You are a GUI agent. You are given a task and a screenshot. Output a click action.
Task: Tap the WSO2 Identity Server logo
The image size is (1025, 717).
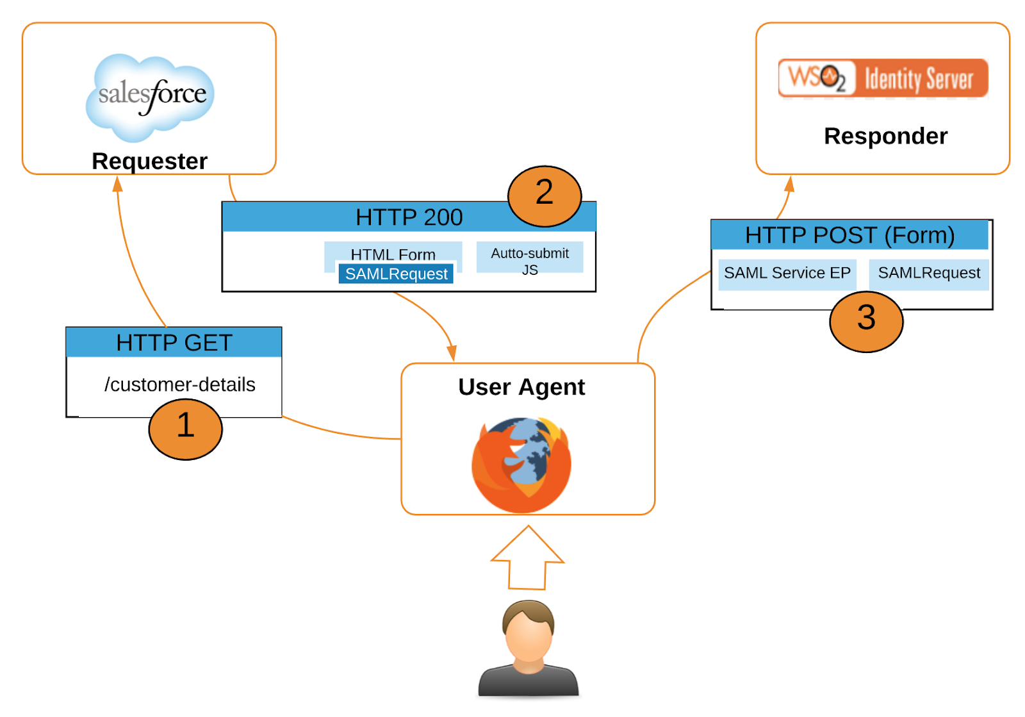click(883, 78)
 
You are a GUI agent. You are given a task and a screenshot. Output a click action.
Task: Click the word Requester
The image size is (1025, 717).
click(149, 161)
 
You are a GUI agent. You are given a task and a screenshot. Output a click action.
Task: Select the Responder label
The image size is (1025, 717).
click(885, 136)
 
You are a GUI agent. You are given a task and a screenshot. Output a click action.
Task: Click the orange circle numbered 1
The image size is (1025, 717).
click(185, 429)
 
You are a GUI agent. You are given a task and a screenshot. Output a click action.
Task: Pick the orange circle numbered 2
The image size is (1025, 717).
click(544, 195)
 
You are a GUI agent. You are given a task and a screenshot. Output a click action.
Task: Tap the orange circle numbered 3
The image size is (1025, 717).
click(865, 321)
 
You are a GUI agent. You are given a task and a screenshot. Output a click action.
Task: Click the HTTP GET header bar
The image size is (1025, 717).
click(174, 342)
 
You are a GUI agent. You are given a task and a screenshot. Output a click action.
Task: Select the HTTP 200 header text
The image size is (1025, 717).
click(409, 217)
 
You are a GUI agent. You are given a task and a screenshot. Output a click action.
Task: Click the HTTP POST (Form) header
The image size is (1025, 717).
click(849, 235)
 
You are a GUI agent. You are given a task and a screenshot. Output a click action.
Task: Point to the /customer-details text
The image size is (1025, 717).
click(179, 384)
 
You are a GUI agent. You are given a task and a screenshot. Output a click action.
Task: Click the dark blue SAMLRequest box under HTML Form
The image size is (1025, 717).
click(396, 274)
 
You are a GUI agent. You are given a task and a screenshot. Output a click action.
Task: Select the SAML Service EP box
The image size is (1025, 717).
click(787, 274)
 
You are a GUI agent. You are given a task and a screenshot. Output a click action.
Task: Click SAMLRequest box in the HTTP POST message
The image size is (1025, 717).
click(928, 274)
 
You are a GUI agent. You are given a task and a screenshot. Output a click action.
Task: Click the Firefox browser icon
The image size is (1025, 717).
click(521, 465)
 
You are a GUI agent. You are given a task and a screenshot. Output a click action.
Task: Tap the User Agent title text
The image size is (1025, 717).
click(521, 387)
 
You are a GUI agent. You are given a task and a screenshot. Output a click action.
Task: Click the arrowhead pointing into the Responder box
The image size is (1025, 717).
click(790, 184)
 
